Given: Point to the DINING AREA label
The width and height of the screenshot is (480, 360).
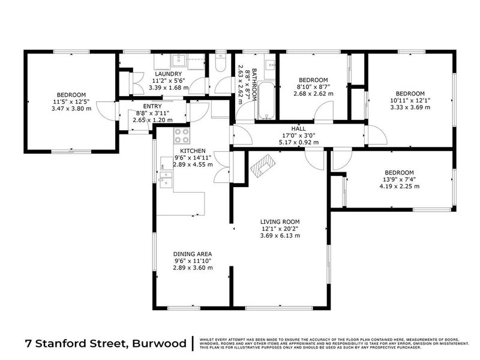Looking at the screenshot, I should tap(192, 254).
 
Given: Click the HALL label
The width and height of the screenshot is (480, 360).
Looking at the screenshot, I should tap(298, 129).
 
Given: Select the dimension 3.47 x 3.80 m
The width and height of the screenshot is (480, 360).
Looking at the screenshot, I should tap(71, 108).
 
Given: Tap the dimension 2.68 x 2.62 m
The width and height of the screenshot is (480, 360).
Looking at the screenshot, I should tap(313, 94).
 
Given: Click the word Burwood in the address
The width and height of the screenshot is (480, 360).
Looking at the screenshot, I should tap(158, 344).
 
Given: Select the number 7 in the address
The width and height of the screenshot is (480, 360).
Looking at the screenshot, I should tap(29, 344).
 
